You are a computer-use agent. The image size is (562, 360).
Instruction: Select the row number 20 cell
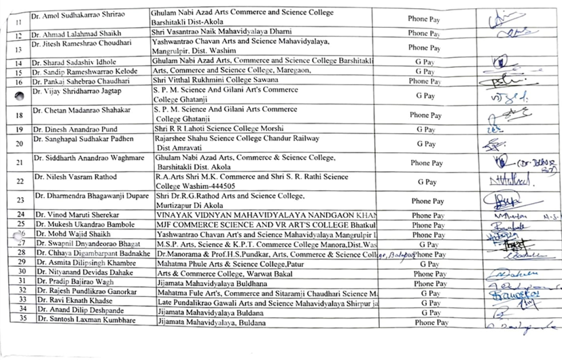click(19, 143)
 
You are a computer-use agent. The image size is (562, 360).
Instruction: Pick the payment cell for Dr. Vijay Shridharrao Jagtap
click(425, 96)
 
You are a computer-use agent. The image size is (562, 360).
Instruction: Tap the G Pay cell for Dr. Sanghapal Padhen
click(426, 144)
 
